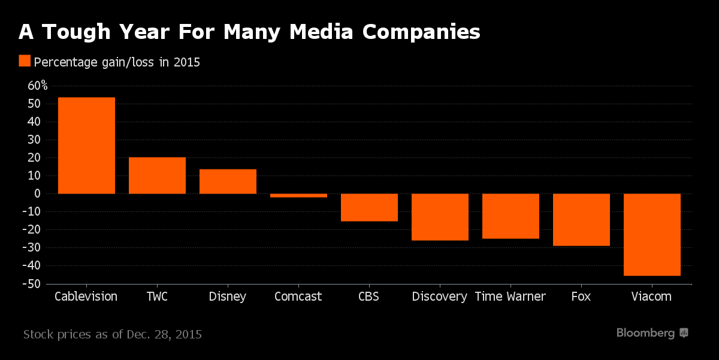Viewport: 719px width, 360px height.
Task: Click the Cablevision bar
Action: (x=86, y=146)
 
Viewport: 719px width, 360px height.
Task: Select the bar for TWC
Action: (x=157, y=176)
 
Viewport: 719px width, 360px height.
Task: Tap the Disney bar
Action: (x=228, y=181)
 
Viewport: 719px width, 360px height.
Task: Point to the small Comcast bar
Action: (x=298, y=195)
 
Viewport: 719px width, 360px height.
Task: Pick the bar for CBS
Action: (x=369, y=207)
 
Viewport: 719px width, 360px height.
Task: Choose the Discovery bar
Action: (x=440, y=217)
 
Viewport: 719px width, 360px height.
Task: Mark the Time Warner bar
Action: (x=510, y=216)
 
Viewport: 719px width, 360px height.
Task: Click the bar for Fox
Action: (x=581, y=220)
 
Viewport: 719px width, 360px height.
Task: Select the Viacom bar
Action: (x=652, y=235)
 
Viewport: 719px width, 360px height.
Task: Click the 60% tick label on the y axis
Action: (x=38, y=86)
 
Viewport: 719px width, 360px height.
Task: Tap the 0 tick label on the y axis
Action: (x=37, y=193)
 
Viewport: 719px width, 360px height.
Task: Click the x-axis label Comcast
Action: (x=298, y=297)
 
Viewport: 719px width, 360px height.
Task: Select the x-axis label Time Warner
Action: (x=510, y=297)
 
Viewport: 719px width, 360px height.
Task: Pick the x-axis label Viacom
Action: (x=652, y=297)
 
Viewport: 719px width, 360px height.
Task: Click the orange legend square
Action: (x=25, y=61)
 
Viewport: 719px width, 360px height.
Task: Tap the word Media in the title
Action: (x=322, y=32)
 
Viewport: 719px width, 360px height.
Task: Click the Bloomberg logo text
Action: (x=646, y=333)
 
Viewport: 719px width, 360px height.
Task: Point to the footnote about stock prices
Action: (x=113, y=334)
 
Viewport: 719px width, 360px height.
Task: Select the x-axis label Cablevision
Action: (x=86, y=297)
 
